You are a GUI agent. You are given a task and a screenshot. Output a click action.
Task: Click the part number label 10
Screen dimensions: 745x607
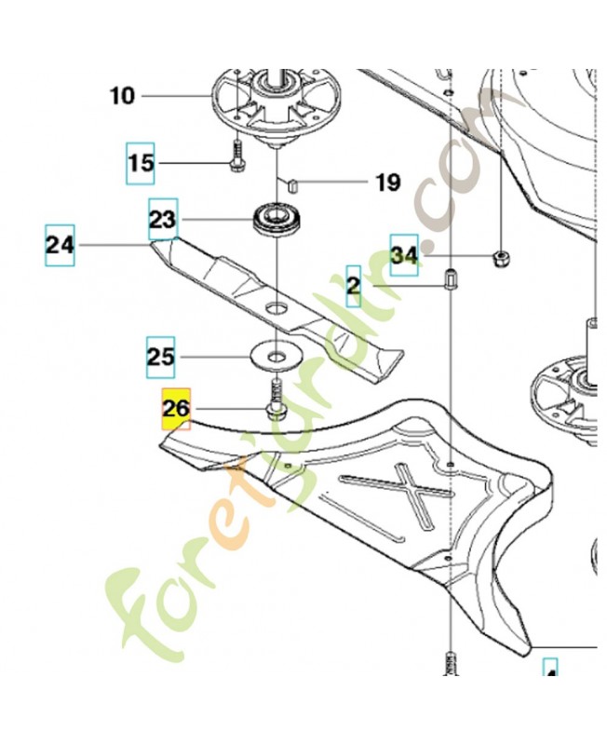coord(122,95)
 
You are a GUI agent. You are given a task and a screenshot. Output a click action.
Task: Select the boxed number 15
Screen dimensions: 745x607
coord(141,163)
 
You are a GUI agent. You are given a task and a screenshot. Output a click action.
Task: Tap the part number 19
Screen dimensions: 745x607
coord(387,182)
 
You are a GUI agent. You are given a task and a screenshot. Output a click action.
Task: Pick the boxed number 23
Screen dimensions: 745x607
coord(162,220)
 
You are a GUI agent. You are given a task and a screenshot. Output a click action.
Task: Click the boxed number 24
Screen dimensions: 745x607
coord(60,246)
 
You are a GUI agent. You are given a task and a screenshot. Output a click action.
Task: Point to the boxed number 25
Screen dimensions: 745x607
coord(160,357)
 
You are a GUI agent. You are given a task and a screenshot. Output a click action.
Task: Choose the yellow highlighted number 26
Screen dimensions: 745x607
coord(176,408)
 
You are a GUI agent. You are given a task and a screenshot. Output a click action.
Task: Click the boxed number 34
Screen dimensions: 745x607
coord(403,254)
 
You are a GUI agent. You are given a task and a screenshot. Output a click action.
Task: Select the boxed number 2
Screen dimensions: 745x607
coord(354,286)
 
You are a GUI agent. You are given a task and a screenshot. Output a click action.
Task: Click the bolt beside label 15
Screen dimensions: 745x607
coord(236,154)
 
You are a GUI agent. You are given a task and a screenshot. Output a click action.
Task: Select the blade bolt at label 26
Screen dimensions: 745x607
coord(277,399)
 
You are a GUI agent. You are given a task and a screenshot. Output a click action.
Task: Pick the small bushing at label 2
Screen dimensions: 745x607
coord(450,278)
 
